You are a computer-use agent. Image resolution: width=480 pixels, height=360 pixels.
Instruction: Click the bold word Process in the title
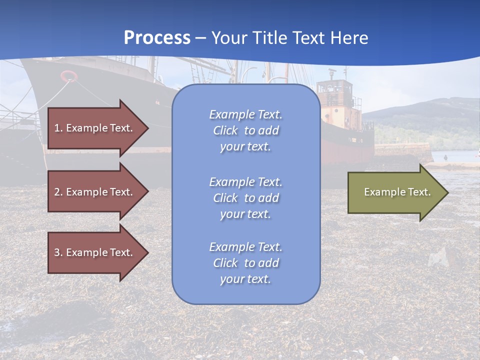(157, 37)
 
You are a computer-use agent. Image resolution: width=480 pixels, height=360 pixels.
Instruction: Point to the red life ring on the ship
(69, 76)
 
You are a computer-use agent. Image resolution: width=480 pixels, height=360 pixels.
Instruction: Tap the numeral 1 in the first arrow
(56, 128)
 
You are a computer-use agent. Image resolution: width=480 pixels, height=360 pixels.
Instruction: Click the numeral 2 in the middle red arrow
(57, 192)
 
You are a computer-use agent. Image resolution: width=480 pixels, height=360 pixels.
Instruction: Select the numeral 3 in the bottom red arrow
(57, 252)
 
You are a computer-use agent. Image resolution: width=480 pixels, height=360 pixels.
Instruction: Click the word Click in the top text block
(225, 130)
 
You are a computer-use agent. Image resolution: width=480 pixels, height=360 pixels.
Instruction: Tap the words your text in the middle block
(245, 214)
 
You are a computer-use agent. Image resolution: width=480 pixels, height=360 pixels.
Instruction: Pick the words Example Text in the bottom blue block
(245, 247)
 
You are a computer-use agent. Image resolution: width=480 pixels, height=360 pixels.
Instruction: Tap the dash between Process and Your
(201, 38)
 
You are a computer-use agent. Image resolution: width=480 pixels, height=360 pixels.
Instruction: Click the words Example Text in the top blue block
(245, 114)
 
